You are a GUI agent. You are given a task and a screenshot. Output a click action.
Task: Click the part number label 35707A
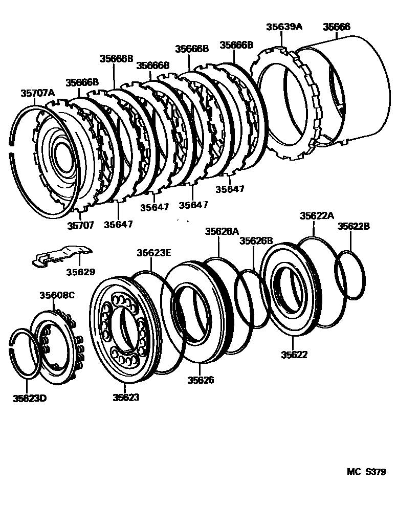click(37, 93)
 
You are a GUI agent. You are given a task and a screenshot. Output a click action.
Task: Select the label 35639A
click(283, 27)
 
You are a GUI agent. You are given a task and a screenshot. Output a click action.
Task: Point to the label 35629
click(79, 272)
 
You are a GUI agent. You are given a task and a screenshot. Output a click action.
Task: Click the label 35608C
click(57, 295)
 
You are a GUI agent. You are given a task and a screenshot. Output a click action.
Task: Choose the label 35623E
click(154, 252)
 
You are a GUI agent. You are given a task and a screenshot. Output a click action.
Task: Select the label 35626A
click(223, 231)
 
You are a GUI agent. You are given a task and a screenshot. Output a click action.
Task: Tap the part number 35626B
click(256, 241)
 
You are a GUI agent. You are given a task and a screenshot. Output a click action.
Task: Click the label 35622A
click(317, 216)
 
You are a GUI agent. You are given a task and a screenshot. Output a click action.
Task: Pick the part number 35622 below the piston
click(294, 354)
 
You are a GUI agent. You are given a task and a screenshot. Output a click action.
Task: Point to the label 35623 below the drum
click(126, 397)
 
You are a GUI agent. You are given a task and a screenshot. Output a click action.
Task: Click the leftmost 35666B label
click(82, 82)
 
